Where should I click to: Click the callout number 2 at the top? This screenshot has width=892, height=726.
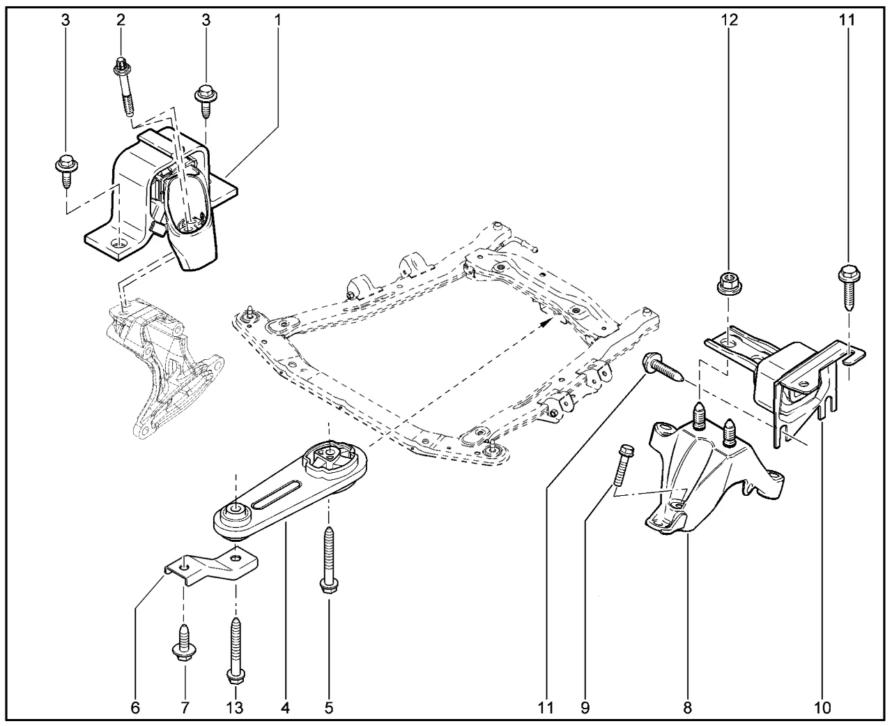click(121, 20)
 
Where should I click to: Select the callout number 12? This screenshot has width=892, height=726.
click(729, 20)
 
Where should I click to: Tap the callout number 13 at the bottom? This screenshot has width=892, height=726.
click(235, 708)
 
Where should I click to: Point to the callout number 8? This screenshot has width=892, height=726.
click(687, 708)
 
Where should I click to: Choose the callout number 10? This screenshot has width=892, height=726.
click(822, 708)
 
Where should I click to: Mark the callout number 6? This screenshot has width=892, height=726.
click(135, 708)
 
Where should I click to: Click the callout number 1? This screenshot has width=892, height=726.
click(277, 20)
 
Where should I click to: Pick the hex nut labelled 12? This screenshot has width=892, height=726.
click(728, 283)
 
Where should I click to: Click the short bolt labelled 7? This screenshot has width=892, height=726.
click(185, 640)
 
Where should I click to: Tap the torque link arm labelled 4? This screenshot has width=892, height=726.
click(293, 492)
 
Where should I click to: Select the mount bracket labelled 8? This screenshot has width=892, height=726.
click(711, 474)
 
